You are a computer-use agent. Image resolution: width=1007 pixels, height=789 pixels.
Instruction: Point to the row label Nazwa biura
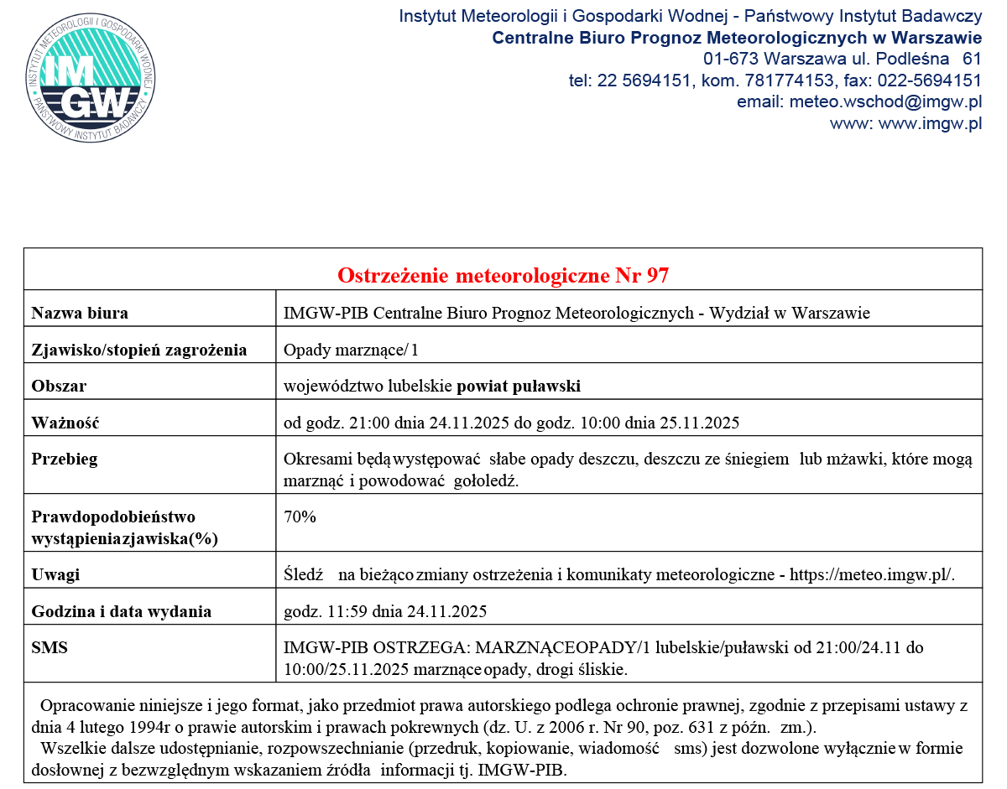[x=80, y=314]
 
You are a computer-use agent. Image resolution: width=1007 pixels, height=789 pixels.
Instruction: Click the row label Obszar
[x=59, y=387]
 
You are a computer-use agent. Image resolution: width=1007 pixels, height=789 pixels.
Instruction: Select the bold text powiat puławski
[x=519, y=387]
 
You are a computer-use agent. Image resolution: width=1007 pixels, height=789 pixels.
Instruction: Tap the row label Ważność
[x=65, y=423]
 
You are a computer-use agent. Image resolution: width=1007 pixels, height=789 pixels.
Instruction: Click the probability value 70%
[x=300, y=517]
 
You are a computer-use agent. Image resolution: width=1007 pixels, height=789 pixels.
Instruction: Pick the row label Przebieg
[x=64, y=459]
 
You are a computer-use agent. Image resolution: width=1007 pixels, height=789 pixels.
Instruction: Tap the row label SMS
[x=49, y=648]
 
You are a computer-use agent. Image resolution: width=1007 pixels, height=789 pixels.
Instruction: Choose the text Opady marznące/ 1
[x=351, y=350]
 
